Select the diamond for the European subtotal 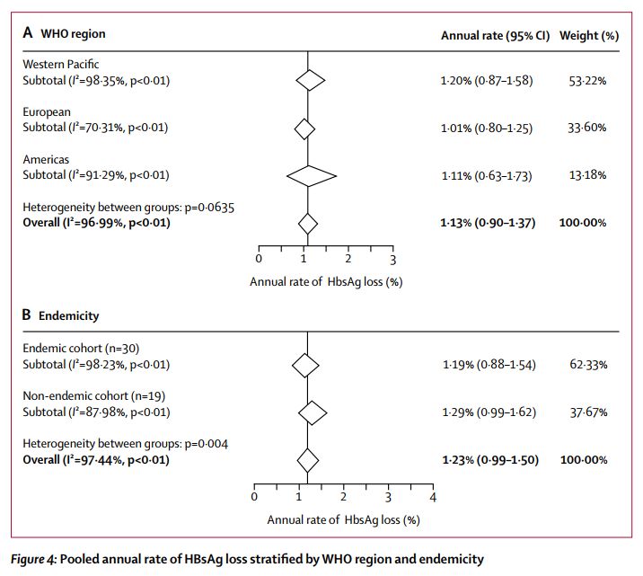coord(305,128)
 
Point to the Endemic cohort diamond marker coord(306,366)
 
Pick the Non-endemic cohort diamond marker coord(313,412)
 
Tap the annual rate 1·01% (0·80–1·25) coord(487,128)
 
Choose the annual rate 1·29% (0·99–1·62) coord(487,412)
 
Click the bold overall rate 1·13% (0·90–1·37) coord(488,222)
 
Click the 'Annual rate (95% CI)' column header coord(495,35)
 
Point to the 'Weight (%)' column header coord(589,35)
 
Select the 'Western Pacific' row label coord(61,65)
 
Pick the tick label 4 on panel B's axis coord(433,497)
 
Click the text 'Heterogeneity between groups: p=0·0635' coord(117,208)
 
